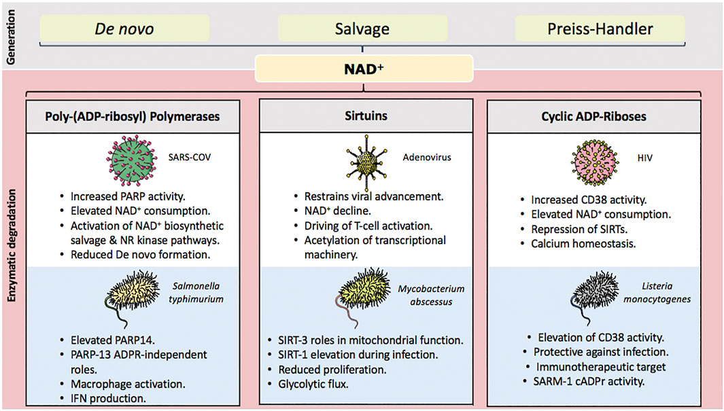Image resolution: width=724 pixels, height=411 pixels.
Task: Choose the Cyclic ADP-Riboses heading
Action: pyautogui.click(x=600, y=116)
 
